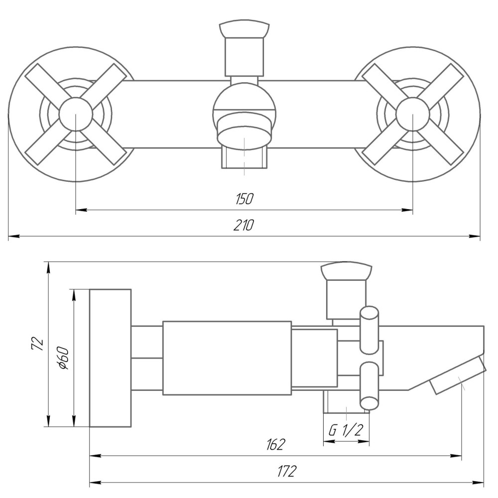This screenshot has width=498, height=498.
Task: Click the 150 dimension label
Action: (244, 199)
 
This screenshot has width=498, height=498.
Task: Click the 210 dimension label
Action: (244, 226)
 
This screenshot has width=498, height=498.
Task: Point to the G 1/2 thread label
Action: (346, 431)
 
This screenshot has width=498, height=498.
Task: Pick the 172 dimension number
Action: (286, 471)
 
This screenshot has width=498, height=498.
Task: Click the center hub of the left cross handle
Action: (75, 114)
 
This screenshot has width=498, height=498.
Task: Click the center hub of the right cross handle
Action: (413, 114)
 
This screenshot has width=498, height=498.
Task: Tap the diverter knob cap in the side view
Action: (347, 271)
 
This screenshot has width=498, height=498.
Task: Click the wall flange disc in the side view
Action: (110, 358)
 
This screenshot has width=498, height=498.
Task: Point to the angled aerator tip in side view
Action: (458, 375)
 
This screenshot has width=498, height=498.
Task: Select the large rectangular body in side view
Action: (227, 358)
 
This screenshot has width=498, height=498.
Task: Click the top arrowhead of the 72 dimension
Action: (48, 267)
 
